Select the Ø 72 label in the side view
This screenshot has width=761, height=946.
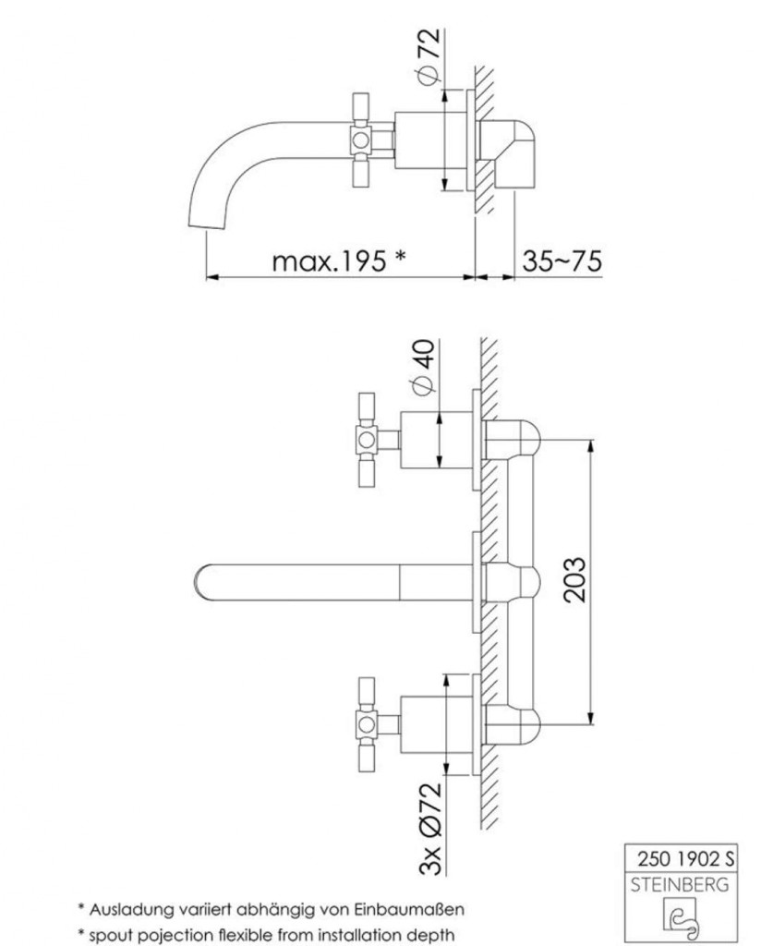pos(428,57)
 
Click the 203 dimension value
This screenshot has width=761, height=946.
pos(573,579)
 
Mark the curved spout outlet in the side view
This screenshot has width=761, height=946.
pos(208,222)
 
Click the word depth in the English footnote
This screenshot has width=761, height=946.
pos(431,933)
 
